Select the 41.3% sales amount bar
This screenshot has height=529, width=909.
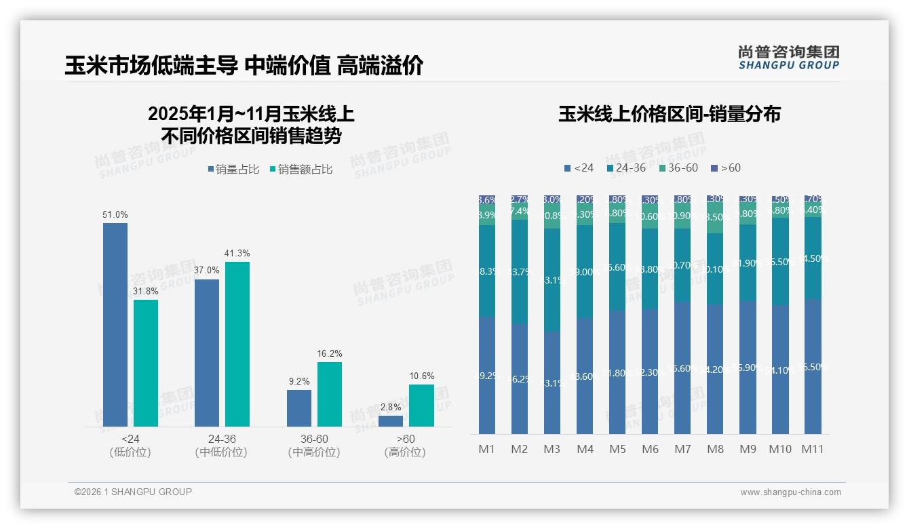coord(237,344)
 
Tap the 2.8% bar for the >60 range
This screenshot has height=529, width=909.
coord(391,421)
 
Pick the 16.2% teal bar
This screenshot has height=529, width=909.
coord(330,394)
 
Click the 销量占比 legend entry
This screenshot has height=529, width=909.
coord(233,169)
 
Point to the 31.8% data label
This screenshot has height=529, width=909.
coord(146,292)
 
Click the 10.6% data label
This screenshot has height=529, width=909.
coord(422,376)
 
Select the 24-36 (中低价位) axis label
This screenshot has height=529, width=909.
coord(221,446)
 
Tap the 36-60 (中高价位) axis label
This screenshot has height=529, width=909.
coord(314,446)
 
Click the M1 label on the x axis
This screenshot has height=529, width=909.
coord(486,449)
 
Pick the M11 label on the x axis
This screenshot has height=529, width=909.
coord(812,449)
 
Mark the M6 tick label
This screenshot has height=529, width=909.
coord(650,449)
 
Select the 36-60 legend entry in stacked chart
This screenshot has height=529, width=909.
coord(678,168)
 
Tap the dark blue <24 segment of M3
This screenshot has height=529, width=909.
coord(552,383)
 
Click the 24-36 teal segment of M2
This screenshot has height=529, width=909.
coord(520,271)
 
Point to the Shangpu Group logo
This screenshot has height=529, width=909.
coord(789,57)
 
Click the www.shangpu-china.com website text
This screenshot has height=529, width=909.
coord(790,492)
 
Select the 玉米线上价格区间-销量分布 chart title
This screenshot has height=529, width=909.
coord(669,114)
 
